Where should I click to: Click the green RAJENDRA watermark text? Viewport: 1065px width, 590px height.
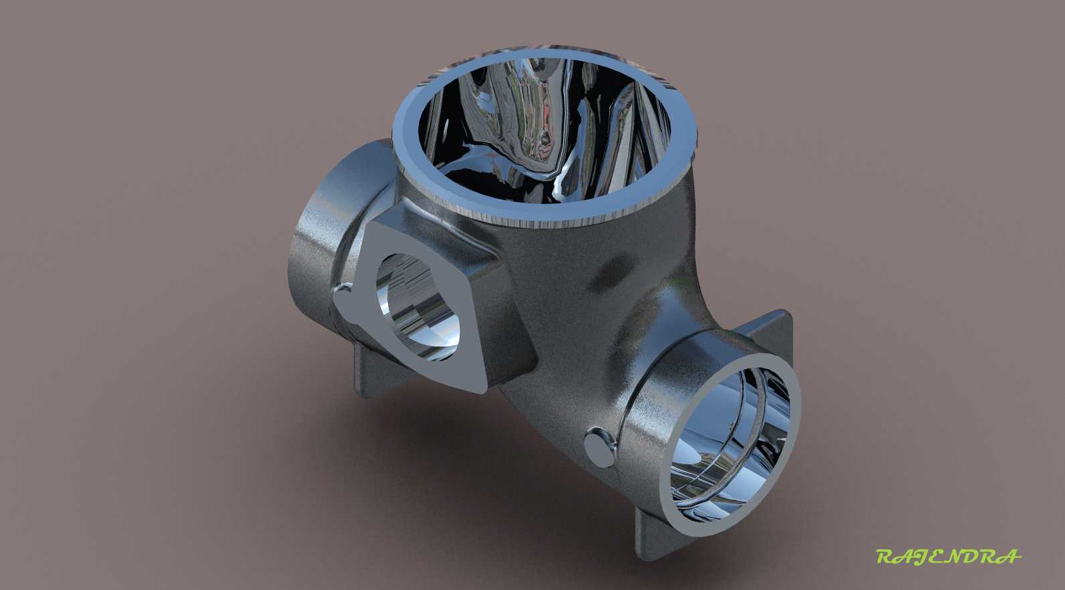pyautogui.click(x=949, y=556)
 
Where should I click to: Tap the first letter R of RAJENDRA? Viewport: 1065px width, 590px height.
pyautogui.click(x=886, y=556)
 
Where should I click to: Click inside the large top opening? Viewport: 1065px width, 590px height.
pyautogui.click(x=547, y=128)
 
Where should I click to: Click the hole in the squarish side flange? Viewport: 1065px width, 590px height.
pyautogui.click(x=418, y=306)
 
